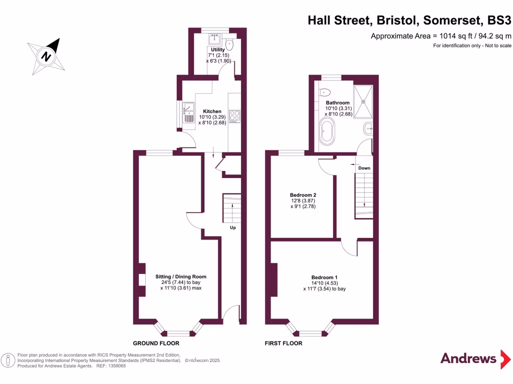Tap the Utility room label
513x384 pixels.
point(218,49)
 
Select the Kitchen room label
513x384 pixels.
point(212,111)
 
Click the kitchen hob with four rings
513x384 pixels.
point(234,116)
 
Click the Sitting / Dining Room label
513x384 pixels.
point(180,276)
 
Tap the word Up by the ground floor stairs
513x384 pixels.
point(233,227)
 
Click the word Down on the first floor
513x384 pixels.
point(364,168)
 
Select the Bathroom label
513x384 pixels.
point(338,102)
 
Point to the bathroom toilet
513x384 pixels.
point(325,92)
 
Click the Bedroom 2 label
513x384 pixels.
point(303,195)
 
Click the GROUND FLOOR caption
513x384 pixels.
point(156,343)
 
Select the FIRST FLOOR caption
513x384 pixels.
point(284,343)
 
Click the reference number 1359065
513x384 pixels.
point(115,366)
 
